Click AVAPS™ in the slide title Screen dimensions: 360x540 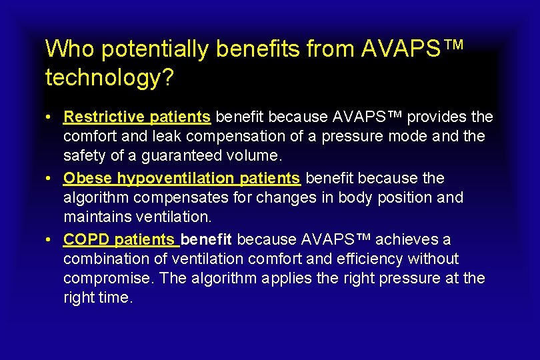click(x=411, y=48)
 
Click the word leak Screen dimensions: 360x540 click(x=190, y=137)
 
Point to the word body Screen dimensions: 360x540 click(x=357, y=198)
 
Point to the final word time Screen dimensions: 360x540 click(x=117, y=297)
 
